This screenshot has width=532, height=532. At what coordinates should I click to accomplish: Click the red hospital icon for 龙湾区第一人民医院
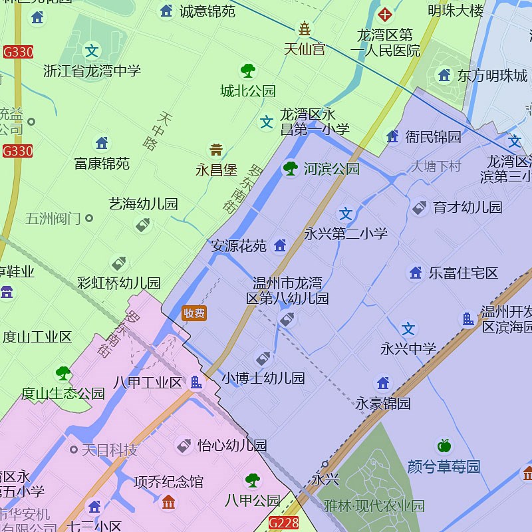pyautogui.click(x=384, y=13)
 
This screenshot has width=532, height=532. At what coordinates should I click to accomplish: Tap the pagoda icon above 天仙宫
pyautogui.click(x=304, y=29)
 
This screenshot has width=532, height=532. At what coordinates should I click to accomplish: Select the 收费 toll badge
pyautogui.click(x=194, y=313)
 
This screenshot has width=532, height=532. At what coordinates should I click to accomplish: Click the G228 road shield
pyautogui.click(x=283, y=523)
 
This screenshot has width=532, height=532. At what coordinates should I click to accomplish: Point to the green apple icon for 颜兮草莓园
pyautogui.click(x=444, y=446)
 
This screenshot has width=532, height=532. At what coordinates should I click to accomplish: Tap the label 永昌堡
pyautogui.click(x=216, y=170)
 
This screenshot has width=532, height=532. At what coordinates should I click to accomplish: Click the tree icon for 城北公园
pyautogui.click(x=248, y=70)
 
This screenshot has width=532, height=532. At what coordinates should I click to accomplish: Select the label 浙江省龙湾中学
pyautogui.click(x=92, y=70)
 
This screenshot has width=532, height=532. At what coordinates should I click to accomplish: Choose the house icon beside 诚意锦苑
pyautogui.click(x=166, y=11)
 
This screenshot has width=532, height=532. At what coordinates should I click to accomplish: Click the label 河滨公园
pyautogui.click(x=331, y=169)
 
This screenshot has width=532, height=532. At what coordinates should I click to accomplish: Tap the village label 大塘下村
pyautogui.click(x=436, y=166)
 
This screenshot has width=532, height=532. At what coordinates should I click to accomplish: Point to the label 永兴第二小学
pyautogui.click(x=346, y=233)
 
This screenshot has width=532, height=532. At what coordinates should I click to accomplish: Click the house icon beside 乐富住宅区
pyautogui.click(x=416, y=273)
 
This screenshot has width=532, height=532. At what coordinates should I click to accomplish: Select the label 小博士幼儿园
pyautogui.click(x=263, y=378)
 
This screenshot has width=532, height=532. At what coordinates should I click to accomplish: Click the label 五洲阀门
pyautogui.click(x=53, y=217)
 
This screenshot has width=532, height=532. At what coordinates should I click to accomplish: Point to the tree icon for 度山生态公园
pyautogui.click(x=63, y=373)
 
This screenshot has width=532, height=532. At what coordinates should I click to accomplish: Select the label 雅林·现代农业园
pyautogui.click(x=374, y=506)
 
